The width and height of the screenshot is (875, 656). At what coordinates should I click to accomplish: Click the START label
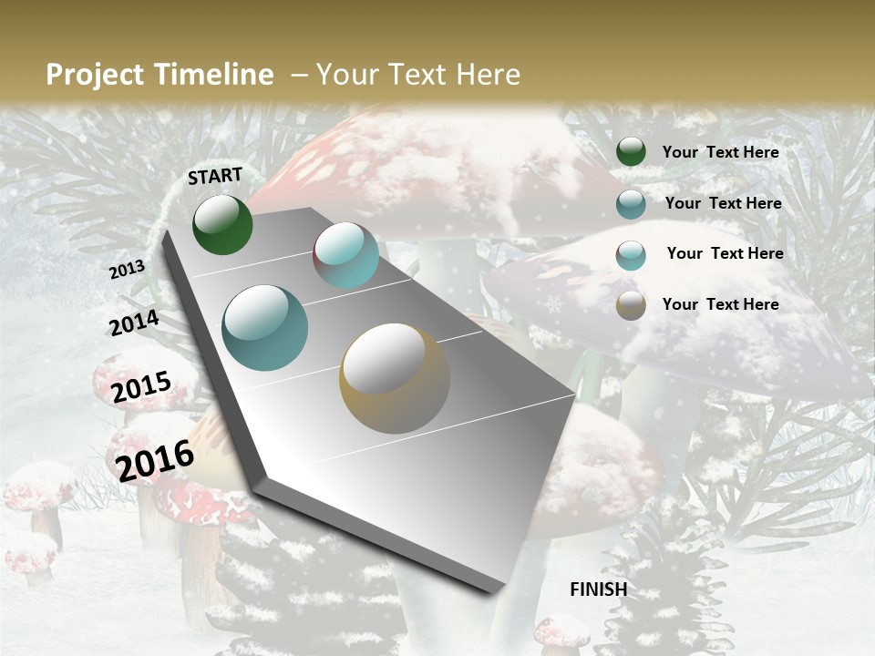pos(215,176)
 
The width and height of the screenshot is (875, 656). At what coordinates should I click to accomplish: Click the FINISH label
pos(598,589)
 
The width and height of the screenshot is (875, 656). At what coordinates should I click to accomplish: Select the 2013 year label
pos(127,270)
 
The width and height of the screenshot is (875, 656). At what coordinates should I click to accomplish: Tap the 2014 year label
pos(134,323)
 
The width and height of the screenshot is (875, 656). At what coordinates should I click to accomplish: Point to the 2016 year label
pos(155,460)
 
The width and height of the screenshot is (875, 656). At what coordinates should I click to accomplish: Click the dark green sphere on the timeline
pos(222,224)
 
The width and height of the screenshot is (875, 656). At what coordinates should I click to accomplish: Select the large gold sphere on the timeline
pos(395,377)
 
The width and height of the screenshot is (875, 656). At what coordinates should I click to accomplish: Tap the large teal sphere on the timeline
pos(265,328)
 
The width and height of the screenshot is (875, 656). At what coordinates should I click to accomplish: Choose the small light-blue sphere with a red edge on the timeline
pos(345,255)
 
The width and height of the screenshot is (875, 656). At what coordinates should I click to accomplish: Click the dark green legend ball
pos(631,151)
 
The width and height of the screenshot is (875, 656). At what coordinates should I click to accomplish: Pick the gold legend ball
pos(631,305)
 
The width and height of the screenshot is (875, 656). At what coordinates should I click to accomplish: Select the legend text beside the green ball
pos(720,152)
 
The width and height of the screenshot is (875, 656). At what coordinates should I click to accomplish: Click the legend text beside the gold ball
pos(720,304)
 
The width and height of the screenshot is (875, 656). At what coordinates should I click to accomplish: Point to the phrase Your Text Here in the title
pos(418,75)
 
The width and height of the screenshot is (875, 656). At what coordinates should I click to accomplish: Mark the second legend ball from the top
pos(631,204)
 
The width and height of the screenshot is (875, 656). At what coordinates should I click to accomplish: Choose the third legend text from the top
pos(725,253)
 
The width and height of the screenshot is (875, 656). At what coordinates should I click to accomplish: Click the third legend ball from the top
pos(631,255)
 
